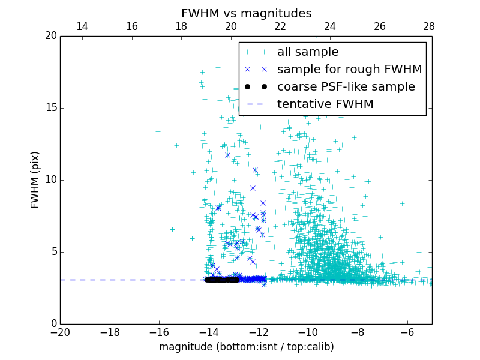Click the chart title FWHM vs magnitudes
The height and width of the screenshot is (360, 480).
tap(246, 13)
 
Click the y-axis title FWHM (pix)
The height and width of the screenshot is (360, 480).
tap(35, 180)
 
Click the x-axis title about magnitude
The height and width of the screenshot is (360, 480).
tap(246, 347)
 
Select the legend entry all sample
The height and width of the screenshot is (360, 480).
tap(308, 52)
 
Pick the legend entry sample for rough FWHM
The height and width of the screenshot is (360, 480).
tap(349, 70)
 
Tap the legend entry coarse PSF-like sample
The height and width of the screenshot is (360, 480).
tap(346, 87)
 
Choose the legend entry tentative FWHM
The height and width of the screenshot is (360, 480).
tap(325, 104)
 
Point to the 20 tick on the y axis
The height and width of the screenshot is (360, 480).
tap(50, 36)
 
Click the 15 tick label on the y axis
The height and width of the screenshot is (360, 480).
tap(50, 108)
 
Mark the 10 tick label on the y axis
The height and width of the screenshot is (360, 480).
tap(50, 180)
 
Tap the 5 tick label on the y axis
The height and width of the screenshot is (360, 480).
tap(53, 252)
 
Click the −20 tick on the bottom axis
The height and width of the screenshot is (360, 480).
tap(60, 332)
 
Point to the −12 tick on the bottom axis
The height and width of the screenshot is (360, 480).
tap(259, 332)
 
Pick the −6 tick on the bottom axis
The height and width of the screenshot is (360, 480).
tap(407, 332)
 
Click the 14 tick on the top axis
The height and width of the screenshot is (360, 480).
tap(82, 26)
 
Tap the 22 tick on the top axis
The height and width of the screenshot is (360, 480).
tap(280, 26)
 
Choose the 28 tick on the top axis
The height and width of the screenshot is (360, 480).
tap(429, 26)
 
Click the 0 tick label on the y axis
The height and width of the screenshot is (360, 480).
tap(53, 324)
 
